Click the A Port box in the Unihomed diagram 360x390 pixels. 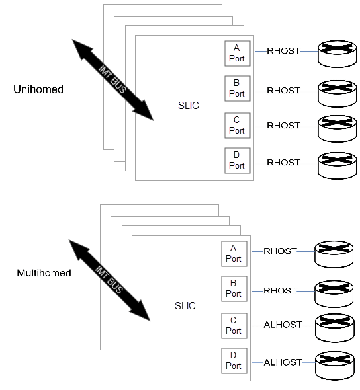(x=237, y=52)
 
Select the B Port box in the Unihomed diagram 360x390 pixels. (x=237, y=89)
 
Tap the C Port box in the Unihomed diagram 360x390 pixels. (x=237, y=126)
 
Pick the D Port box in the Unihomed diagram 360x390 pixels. (x=237, y=162)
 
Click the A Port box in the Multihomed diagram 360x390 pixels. (x=234, y=253)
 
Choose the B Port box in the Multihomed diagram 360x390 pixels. (x=234, y=289)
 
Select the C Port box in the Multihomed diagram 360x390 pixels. (x=234, y=325)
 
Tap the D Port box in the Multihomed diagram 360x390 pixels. (x=234, y=361)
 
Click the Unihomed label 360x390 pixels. (x=38, y=89)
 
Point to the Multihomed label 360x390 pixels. (x=44, y=272)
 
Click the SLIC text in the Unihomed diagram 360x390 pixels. (x=189, y=106)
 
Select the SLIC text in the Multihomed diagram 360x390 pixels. (x=185, y=306)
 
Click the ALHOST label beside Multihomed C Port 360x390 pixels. (x=283, y=325)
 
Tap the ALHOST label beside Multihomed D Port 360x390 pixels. (x=283, y=362)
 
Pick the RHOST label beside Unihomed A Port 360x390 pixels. (x=283, y=50)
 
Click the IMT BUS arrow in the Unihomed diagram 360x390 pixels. (x=112, y=79)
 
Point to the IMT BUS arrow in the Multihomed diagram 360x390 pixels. (x=109, y=281)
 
